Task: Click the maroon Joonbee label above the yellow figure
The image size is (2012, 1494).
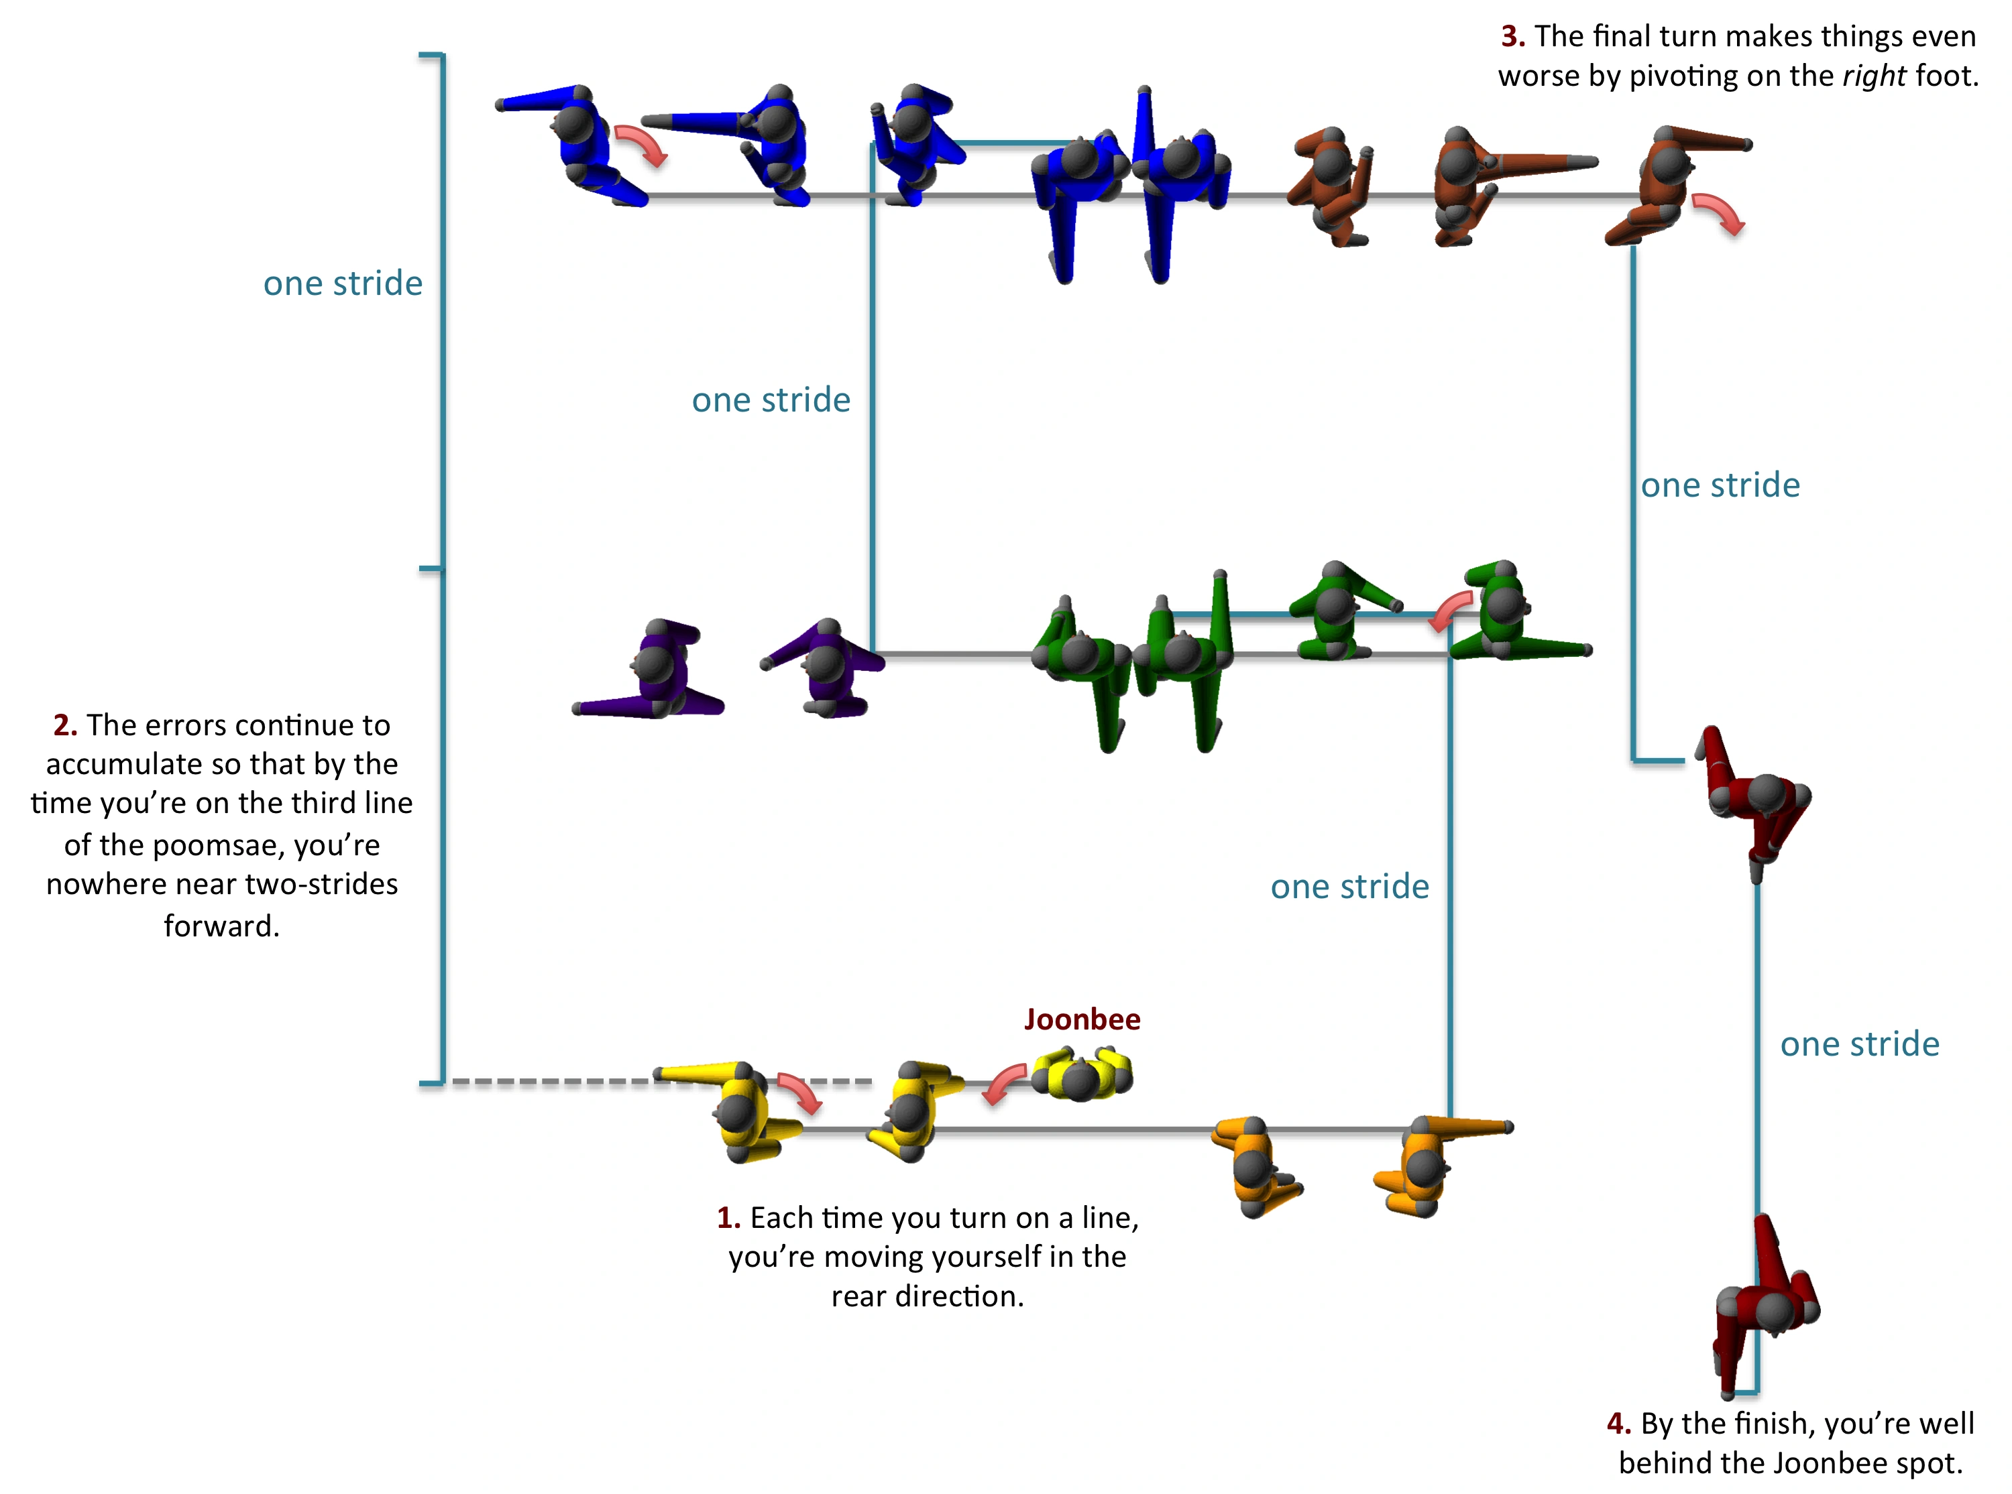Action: point(1081,1019)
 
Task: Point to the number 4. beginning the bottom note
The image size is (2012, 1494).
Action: point(1618,1424)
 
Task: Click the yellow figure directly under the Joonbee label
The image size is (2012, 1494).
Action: point(1082,1074)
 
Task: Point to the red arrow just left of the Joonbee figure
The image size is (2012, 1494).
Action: point(1004,1082)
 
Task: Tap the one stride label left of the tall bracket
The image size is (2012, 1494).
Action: point(343,283)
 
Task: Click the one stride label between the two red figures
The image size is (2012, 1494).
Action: point(1860,1044)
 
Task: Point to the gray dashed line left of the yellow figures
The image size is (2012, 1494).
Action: point(661,1082)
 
